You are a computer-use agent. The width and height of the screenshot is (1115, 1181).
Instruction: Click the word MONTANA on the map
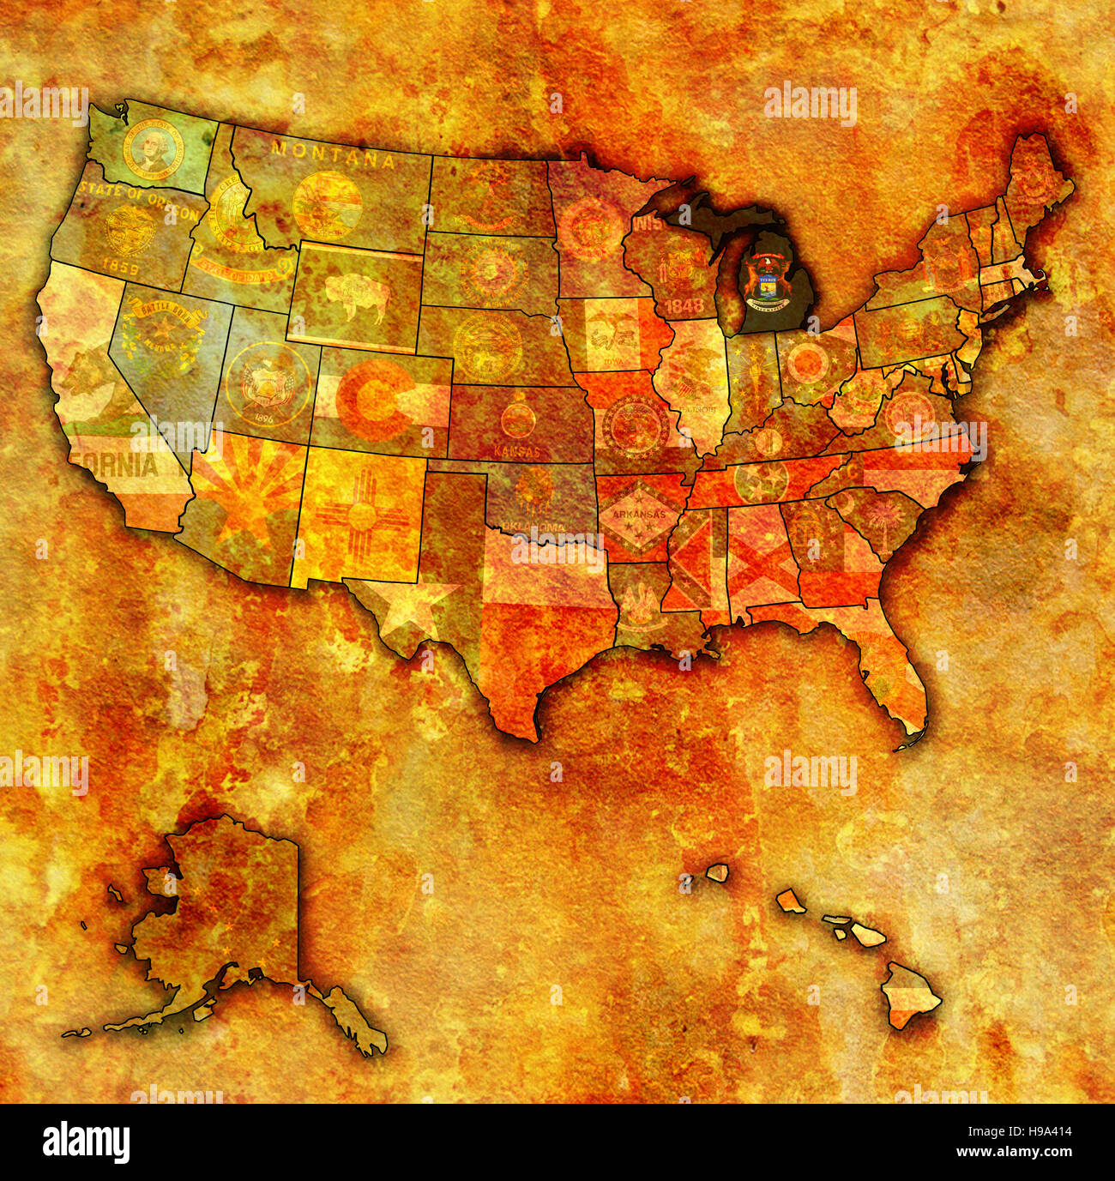click(x=333, y=155)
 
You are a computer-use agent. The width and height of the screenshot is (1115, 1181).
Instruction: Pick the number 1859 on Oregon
click(x=120, y=268)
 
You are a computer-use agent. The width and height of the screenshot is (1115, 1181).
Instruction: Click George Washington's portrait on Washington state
click(x=153, y=149)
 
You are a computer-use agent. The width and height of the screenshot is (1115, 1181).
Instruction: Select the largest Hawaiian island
click(x=911, y=997)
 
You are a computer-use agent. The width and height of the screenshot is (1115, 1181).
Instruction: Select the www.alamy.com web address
click(x=1010, y=1153)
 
